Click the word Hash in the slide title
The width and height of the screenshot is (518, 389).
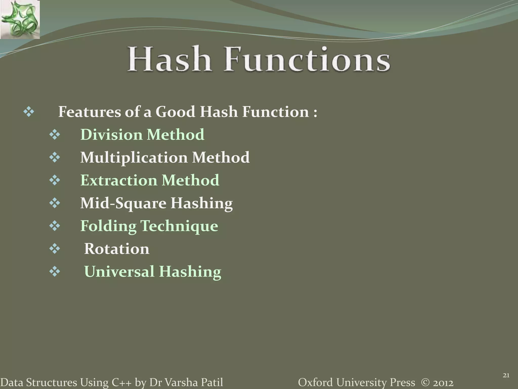[x=169, y=59]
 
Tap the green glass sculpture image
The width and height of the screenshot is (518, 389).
[x=20, y=20]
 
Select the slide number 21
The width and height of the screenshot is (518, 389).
[x=506, y=376]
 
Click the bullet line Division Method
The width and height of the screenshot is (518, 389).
[x=142, y=134]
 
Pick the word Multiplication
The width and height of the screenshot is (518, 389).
[x=134, y=158]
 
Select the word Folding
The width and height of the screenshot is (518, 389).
[x=108, y=226]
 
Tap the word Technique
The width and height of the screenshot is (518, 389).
[x=179, y=226]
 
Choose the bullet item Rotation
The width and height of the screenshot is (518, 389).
[x=117, y=249]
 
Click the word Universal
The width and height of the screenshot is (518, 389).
[x=119, y=271]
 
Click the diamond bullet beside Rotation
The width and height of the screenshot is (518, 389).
[x=55, y=249]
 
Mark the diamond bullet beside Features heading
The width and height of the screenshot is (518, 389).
[x=29, y=112]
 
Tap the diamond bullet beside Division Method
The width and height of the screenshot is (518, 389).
[x=55, y=134]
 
